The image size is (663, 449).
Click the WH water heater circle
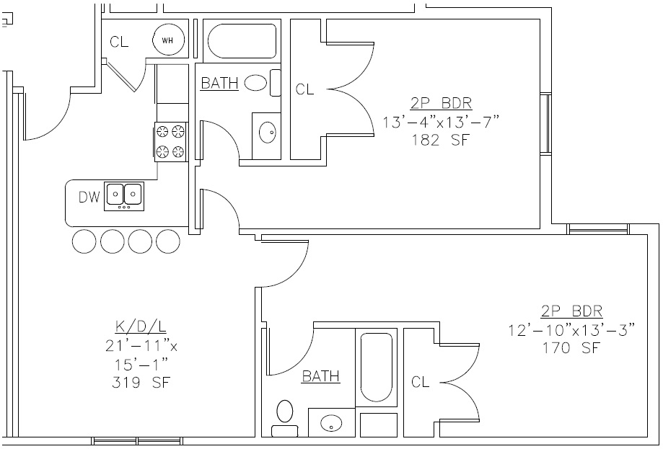click(167, 41)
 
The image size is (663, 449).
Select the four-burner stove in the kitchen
click(170, 141)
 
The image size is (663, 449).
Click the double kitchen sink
click(123, 195)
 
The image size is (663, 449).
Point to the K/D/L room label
click(141, 326)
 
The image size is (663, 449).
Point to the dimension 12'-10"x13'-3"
click(571, 330)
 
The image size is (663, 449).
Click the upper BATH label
click(219, 84)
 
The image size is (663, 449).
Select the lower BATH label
click(321, 376)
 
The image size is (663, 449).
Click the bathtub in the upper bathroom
click(242, 42)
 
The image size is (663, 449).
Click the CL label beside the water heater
click(119, 42)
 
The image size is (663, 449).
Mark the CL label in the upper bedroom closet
click(305, 89)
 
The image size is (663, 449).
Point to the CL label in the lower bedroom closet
click(421, 382)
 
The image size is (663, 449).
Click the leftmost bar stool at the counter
click(84, 241)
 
